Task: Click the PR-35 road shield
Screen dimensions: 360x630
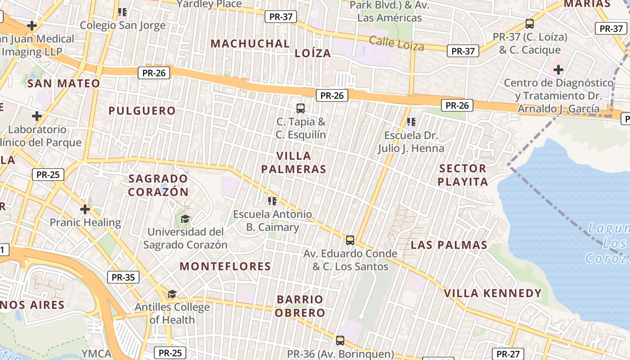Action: (x=123, y=277)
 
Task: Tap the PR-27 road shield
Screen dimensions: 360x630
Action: (x=508, y=354)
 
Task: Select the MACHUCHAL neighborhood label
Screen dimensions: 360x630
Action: (x=250, y=44)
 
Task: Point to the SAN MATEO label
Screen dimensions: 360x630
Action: (x=64, y=83)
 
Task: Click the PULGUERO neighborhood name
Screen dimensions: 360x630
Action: (x=142, y=111)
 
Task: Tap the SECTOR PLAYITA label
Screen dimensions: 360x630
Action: (x=463, y=175)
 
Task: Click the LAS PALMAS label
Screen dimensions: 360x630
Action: (x=449, y=245)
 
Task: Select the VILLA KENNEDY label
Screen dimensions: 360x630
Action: (x=493, y=293)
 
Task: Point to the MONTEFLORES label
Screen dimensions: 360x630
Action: (x=225, y=266)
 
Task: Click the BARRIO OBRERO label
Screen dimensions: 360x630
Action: (x=300, y=306)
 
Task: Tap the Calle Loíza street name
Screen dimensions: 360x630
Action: (x=396, y=44)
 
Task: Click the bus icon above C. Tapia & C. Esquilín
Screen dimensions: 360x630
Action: (x=301, y=108)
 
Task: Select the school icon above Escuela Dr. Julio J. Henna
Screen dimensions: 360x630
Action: (x=411, y=122)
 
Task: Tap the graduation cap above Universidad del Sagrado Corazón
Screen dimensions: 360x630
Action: (x=185, y=219)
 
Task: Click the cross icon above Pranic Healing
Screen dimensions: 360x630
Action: (x=85, y=209)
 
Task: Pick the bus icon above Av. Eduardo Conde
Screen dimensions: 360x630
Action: (x=350, y=240)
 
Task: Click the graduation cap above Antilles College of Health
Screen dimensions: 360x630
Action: (x=172, y=294)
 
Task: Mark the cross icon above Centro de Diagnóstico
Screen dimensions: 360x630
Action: (x=558, y=70)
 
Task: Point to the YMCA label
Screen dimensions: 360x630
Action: (x=96, y=354)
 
